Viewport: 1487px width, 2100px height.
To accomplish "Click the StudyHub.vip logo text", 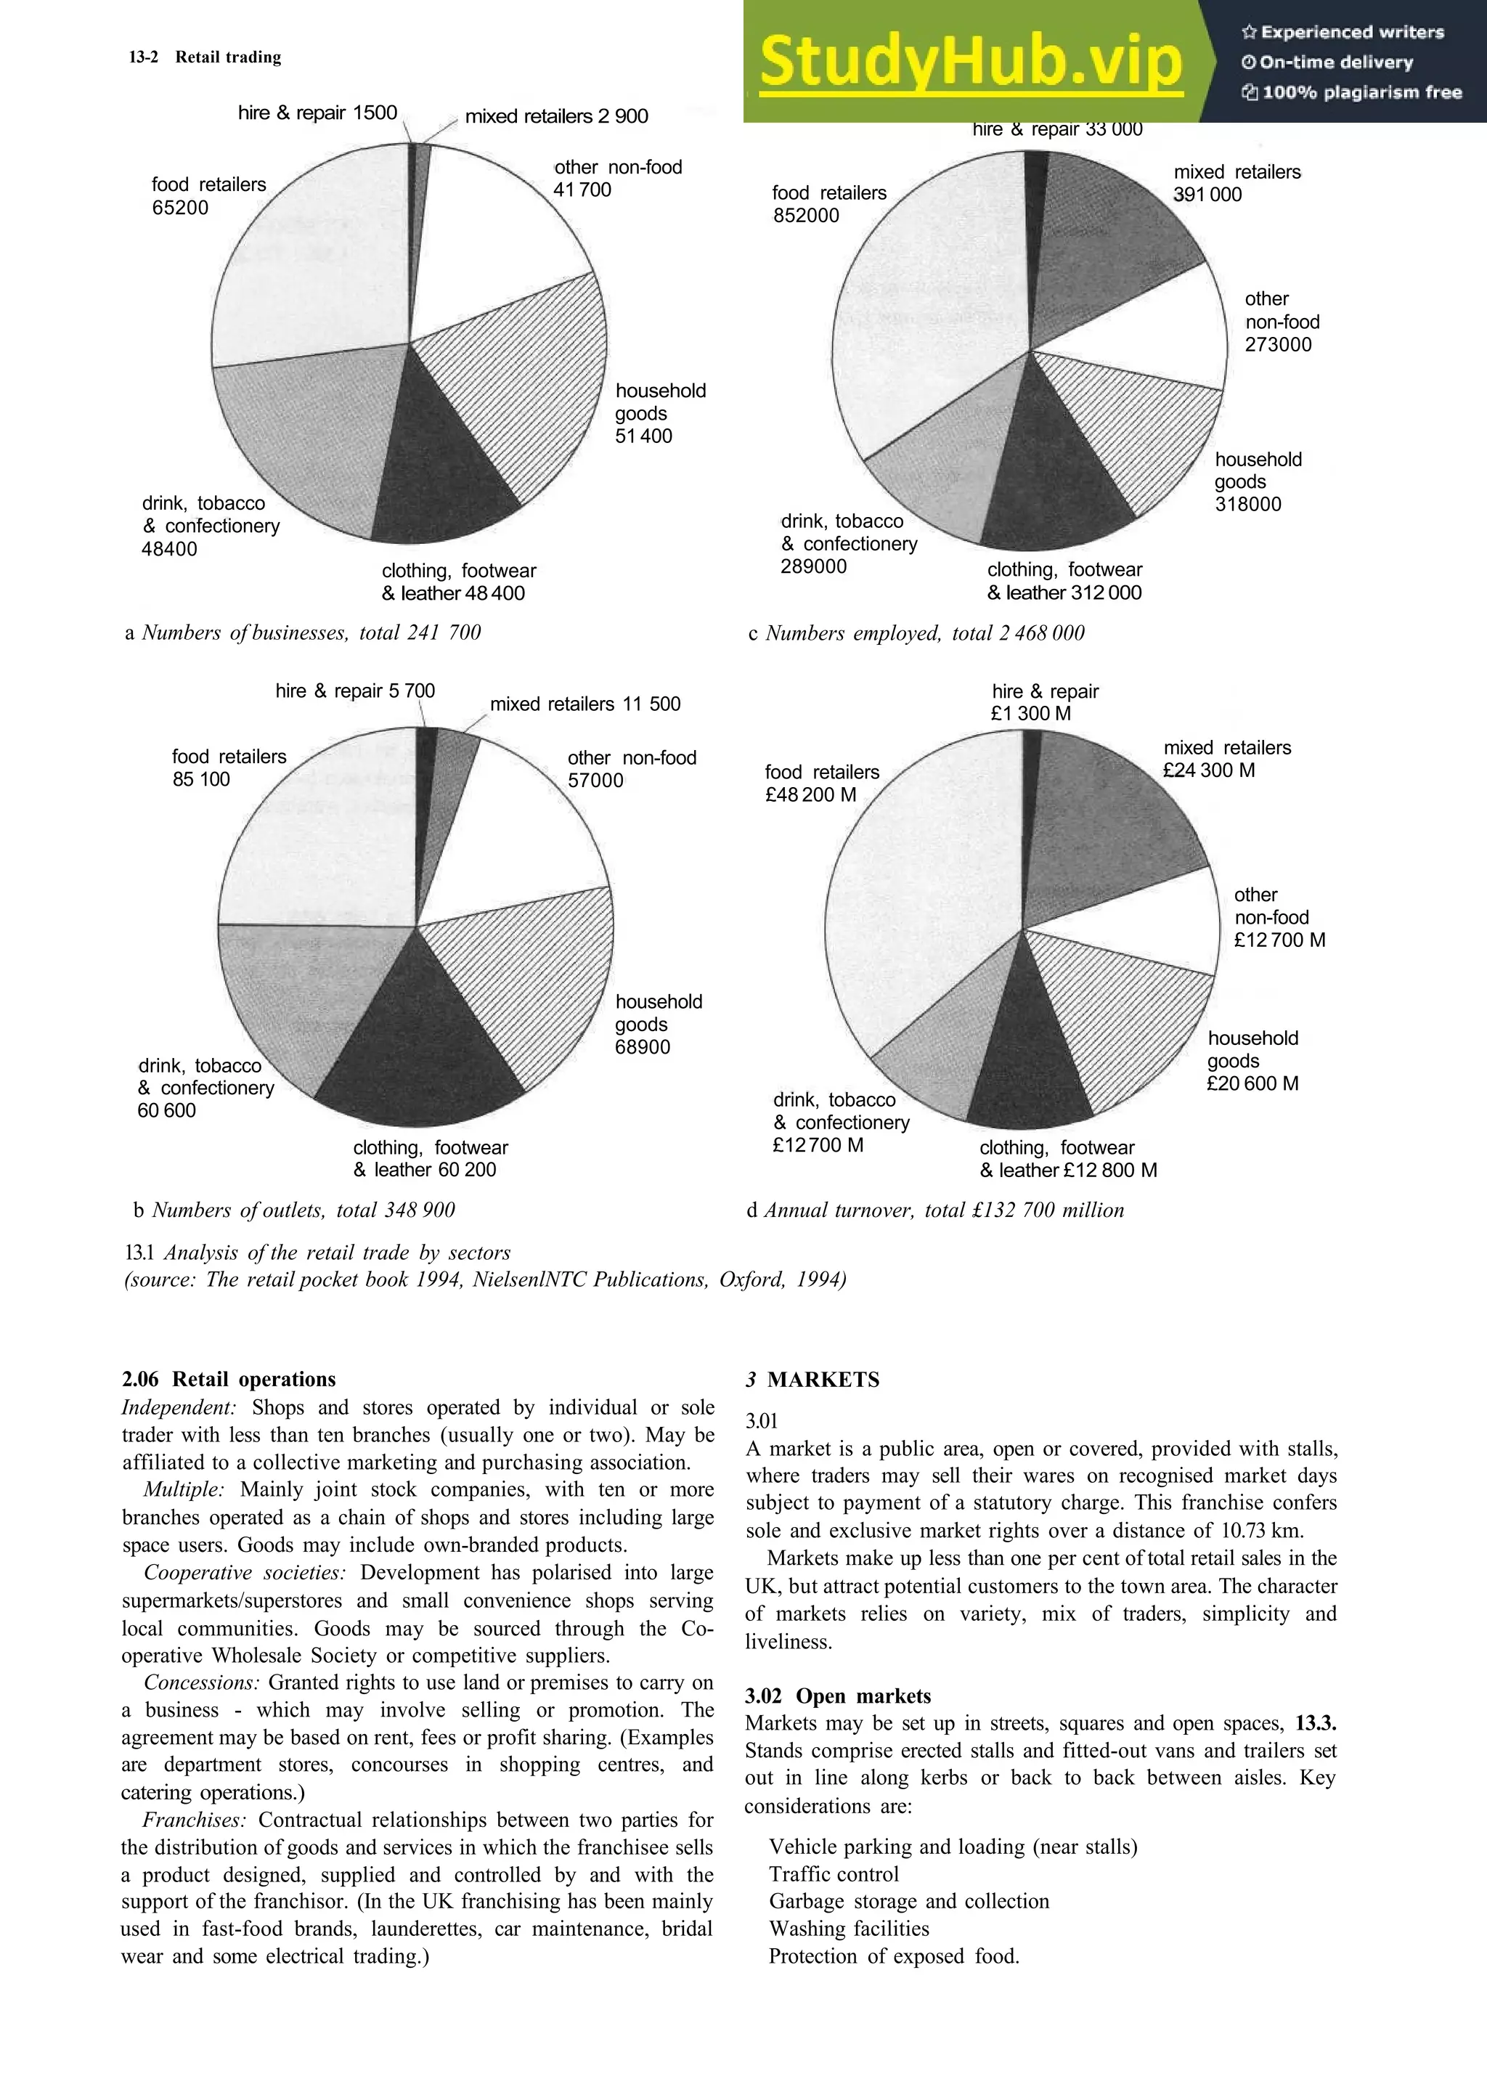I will [971, 62].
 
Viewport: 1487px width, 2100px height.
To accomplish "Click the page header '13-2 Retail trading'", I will [205, 57].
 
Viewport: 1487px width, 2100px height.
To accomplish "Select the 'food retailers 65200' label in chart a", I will [209, 196].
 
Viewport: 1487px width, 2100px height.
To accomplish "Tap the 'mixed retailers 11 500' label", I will [585, 704].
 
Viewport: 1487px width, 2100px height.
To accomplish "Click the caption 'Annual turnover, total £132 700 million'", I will [943, 1210].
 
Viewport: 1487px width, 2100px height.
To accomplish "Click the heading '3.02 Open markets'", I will [837, 1696].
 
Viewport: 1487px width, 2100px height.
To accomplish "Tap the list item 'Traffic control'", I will [834, 1873].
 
